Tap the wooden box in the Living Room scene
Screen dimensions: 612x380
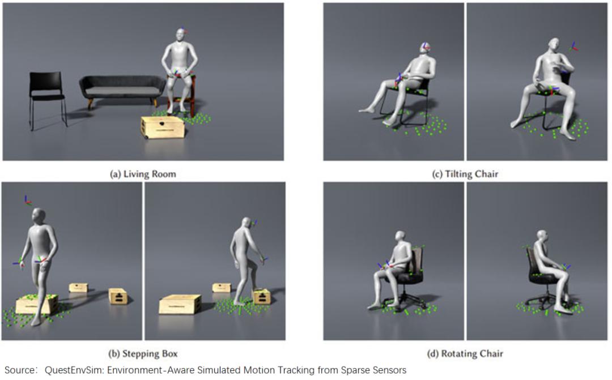coord(163,127)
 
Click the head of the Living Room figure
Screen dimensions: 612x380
coord(180,35)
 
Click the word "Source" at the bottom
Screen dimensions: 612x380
coord(19,370)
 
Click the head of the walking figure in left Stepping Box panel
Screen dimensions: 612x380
coord(39,216)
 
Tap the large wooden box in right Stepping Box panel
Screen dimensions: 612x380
coord(180,304)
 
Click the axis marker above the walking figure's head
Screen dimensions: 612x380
coord(27,200)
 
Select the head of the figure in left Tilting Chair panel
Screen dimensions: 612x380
coord(425,48)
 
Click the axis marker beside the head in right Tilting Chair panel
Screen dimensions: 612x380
coord(573,47)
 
